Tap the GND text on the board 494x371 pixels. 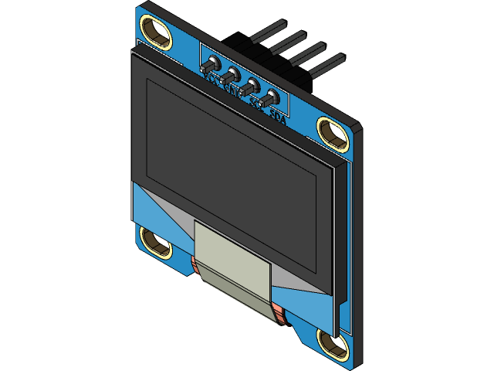click(x=230, y=89)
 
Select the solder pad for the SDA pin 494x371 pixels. click(x=271, y=99)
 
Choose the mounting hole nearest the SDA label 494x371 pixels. click(x=333, y=133)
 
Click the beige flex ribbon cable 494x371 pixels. click(x=232, y=267)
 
